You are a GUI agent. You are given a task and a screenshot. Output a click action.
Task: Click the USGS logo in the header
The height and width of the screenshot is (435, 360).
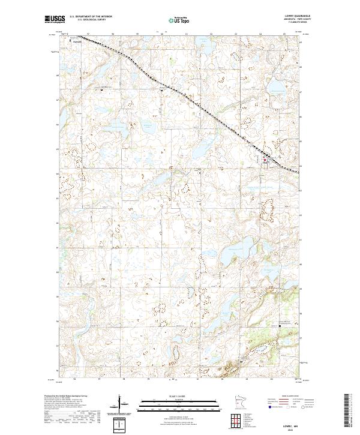54,19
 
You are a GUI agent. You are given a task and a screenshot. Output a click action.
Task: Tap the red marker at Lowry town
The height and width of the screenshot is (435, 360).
265,160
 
